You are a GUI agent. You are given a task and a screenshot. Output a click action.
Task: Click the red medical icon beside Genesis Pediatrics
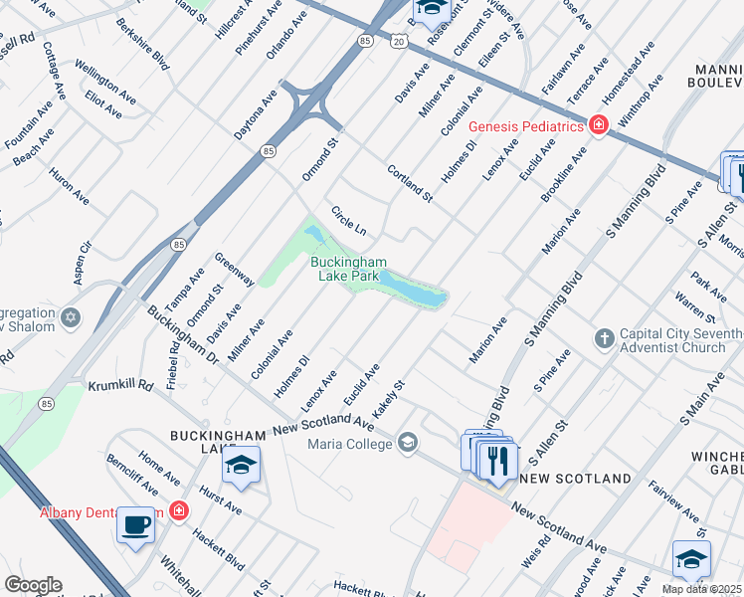click(598, 126)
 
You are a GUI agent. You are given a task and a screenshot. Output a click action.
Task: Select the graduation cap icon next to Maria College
click(407, 443)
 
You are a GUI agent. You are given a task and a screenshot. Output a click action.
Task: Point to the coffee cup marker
click(136, 524)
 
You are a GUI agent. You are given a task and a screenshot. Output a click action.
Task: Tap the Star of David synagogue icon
click(70, 317)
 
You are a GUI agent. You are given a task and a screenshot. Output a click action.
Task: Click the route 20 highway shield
click(398, 41)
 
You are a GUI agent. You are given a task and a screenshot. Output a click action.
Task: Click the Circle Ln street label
click(348, 221)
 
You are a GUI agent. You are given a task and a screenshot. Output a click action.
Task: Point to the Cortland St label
click(410, 184)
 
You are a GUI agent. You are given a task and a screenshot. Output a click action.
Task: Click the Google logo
click(32, 585)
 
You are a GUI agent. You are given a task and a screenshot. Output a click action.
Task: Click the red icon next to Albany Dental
click(178, 512)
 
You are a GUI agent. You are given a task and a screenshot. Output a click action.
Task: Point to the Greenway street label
click(234, 269)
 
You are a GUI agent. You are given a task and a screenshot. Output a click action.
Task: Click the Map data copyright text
click(702, 589)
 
